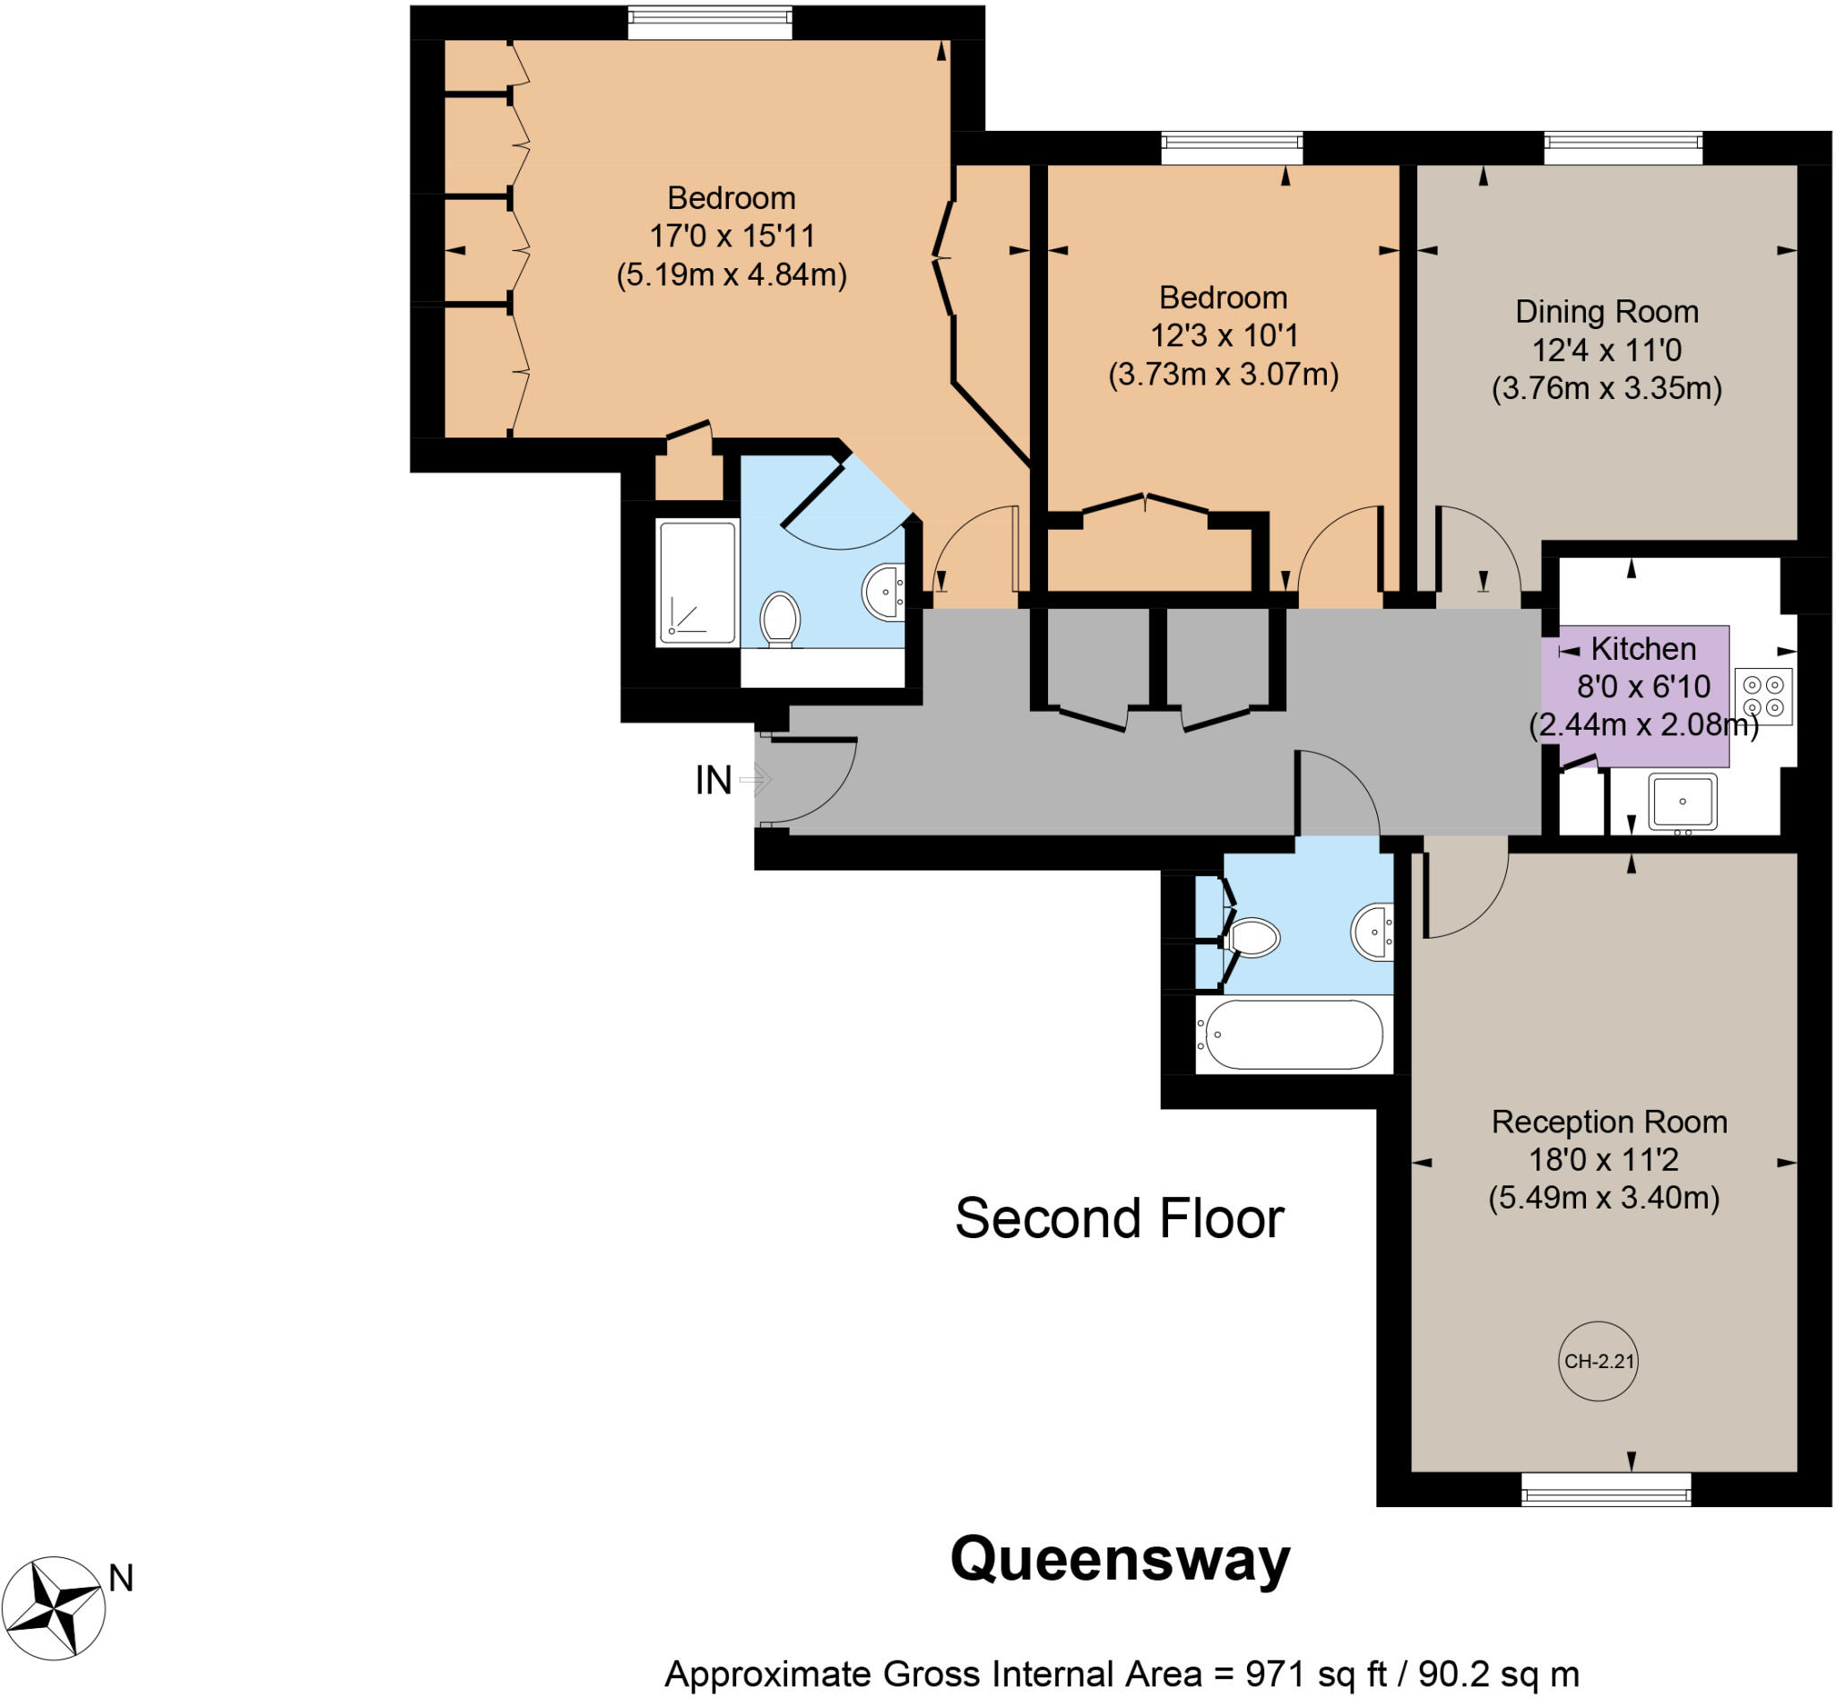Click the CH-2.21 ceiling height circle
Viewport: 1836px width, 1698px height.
tap(1598, 1361)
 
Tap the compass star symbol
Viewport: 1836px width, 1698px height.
tap(54, 1608)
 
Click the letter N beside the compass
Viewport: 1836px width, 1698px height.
tap(121, 1578)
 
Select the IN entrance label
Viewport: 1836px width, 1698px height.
tap(713, 780)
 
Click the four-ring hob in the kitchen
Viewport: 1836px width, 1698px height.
tap(1763, 696)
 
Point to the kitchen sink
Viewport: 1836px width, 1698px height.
tap(1682, 801)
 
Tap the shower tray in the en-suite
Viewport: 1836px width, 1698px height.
tap(697, 583)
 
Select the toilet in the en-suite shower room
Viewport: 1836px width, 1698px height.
tap(780, 619)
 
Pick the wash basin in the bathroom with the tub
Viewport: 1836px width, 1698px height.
tap(1373, 931)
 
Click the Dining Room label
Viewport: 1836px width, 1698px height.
tap(1606, 311)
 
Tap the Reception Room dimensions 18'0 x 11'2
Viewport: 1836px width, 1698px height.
tap(1604, 1159)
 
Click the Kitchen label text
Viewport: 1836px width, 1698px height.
tap(1643, 649)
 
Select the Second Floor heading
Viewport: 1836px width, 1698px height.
tap(1118, 1218)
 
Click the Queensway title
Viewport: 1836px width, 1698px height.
tap(1119, 1559)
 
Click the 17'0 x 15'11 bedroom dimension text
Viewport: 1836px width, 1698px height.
tap(732, 236)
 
